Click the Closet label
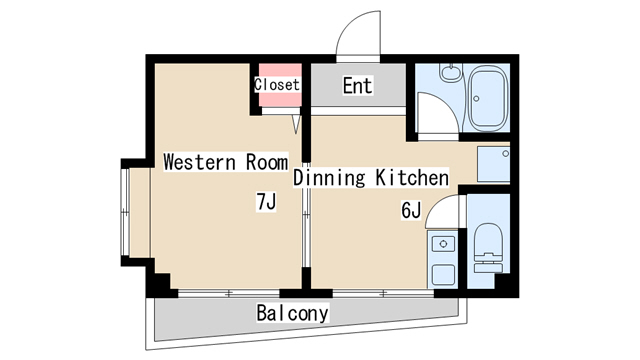(x=277, y=84)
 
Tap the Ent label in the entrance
(x=358, y=86)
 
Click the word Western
(x=200, y=162)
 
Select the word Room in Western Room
(x=267, y=162)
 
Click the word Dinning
(x=329, y=178)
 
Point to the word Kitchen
(x=412, y=178)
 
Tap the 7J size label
(x=267, y=202)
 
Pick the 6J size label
(x=411, y=211)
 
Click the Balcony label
(x=292, y=313)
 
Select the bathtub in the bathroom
(x=488, y=98)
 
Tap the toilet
(x=488, y=248)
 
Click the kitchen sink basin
(x=442, y=244)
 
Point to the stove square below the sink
(x=443, y=275)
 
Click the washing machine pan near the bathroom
(x=493, y=164)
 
